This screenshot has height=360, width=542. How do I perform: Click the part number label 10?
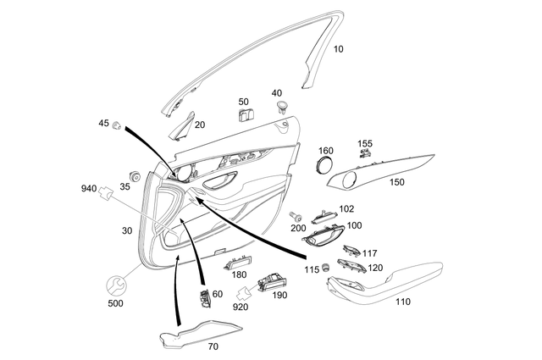coord(338,49)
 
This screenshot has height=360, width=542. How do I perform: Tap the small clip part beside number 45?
coord(117,126)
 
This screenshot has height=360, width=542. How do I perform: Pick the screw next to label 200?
coord(295,216)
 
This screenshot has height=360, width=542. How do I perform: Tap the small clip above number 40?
coord(279,107)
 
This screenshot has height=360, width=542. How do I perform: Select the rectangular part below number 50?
coord(245,115)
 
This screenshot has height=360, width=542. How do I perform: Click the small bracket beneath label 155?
coord(365,157)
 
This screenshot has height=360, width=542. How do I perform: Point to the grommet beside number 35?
coord(133,174)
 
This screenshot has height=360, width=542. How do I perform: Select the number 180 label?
coord(240,274)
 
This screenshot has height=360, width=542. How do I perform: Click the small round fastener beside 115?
coord(324,269)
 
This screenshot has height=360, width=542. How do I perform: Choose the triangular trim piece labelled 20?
coord(181,126)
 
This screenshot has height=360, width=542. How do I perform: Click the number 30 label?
coord(127,231)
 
